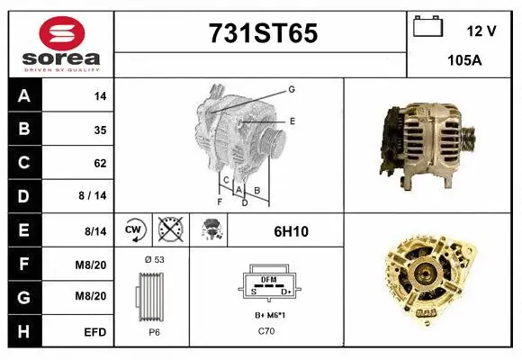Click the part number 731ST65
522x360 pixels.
click(263, 34)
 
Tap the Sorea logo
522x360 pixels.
click(60, 43)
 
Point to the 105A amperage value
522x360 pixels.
click(464, 59)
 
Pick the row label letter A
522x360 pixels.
click(23, 96)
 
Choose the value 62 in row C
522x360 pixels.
click(100, 164)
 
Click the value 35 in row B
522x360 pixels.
click(100, 130)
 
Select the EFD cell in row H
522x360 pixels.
click(95, 332)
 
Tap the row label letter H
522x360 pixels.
click(23, 332)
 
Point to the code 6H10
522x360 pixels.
click(291, 231)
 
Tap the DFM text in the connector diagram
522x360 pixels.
click(267, 280)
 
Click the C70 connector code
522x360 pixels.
click(267, 331)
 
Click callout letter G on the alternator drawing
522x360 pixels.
click(292, 89)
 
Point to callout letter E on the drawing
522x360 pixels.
click(292, 121)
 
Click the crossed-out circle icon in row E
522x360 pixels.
click(168, 230)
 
